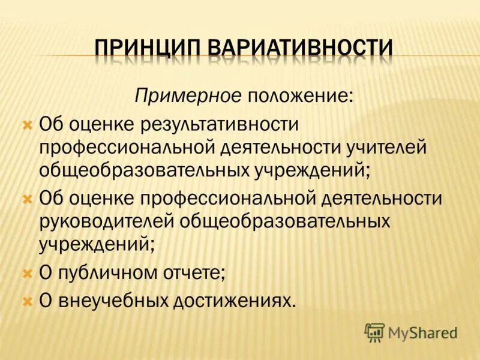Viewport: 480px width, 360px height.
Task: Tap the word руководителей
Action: (x=106, y=220)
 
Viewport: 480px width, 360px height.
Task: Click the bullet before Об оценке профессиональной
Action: (x=26, y=198)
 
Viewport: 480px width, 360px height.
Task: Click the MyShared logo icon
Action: (x=375, y=332)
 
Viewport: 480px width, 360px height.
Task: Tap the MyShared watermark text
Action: (x=422, y=332)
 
